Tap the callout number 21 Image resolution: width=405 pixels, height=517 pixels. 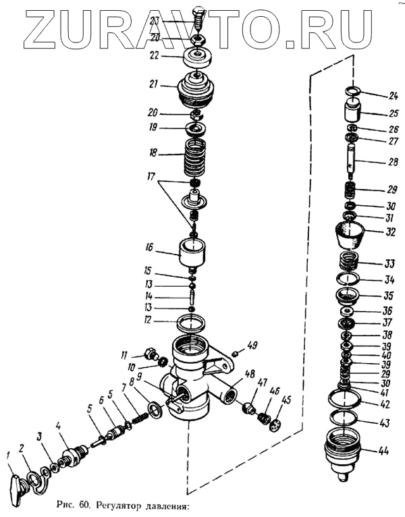pyautogui.click(x=155, y=86)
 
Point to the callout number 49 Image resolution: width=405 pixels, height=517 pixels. pyautogui.click(x=252, y=346)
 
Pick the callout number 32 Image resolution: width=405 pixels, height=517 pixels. pyautogui.click(x=390, y=231)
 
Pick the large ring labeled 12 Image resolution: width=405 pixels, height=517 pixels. pyautogui.click(x=191, y=320)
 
